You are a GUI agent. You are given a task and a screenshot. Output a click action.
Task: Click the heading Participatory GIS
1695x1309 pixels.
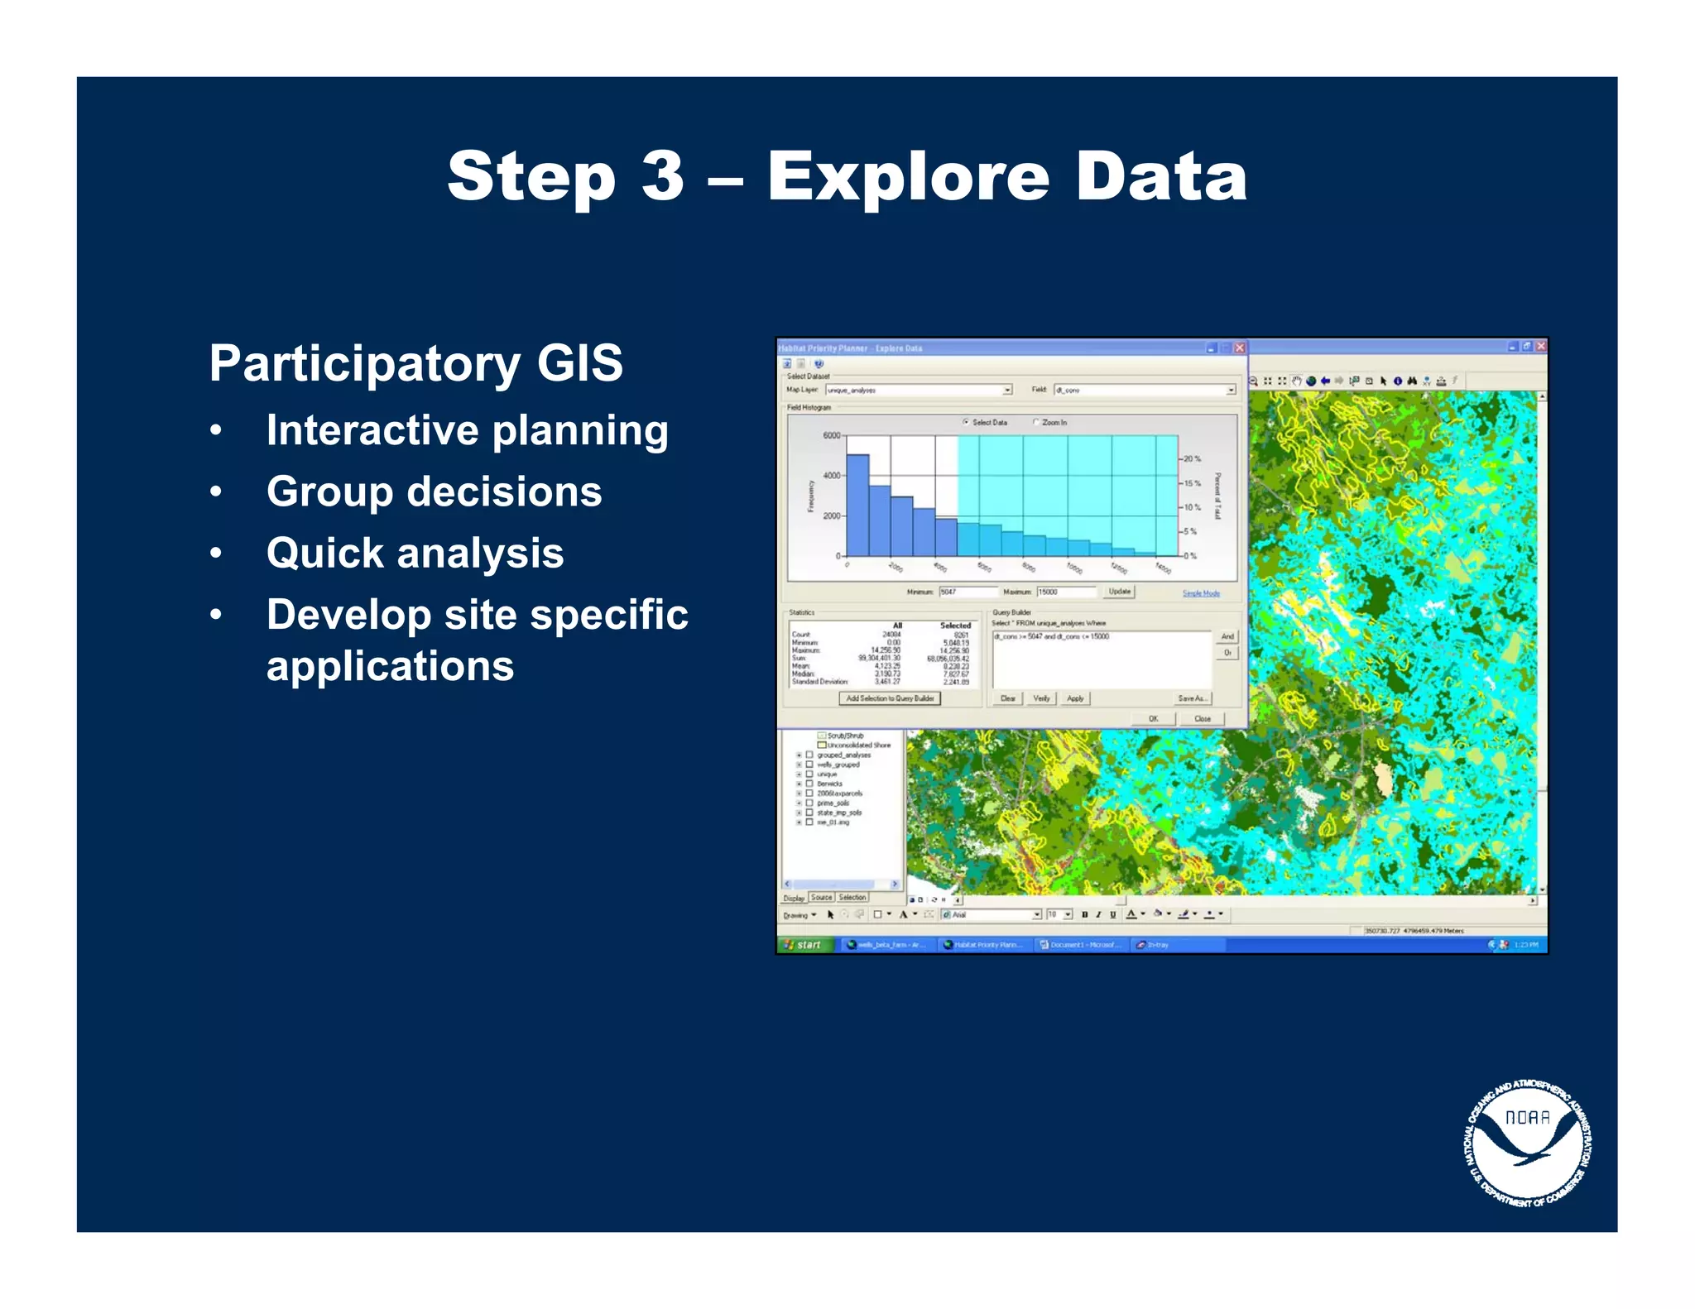(415, 363)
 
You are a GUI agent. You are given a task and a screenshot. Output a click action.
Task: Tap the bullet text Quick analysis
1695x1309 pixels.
(415, 553)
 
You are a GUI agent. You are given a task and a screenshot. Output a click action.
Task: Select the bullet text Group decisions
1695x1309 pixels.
(434, 491)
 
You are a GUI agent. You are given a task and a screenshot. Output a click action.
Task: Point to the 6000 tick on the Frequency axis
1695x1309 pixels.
(831, 435)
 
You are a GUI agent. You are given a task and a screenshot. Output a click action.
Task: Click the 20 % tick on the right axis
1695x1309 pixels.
(1192, 458)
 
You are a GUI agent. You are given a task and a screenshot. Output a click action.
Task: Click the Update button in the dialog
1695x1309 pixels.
(1119, 592)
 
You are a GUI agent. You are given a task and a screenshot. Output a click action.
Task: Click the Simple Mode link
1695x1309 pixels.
(1200, 593)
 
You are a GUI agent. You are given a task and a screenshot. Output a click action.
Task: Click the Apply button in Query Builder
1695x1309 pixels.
(1075, 698)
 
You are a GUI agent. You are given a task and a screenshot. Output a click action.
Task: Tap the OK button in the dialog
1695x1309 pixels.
(1153, 718)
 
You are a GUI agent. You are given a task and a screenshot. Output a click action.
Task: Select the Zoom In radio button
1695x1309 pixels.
(1035, 422)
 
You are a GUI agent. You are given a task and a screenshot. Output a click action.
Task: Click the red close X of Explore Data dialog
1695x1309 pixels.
(1239, 348)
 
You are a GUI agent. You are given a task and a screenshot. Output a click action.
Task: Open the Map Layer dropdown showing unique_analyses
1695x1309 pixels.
(1007, 390)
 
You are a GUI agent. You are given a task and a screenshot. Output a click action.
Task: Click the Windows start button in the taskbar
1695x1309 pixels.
(803, 944)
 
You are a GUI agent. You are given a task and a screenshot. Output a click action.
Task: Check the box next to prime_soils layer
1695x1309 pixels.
(809, 803)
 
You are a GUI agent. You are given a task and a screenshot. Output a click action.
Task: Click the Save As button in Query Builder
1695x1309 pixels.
(1192, 698)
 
